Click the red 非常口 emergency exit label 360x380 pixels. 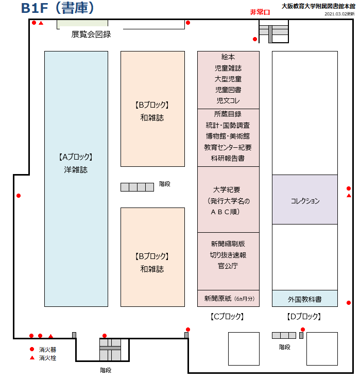(x=260, y=12)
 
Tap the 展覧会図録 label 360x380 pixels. (x=91, y=34)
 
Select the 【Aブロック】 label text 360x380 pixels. (x=76, y=157)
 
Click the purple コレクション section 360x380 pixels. (x=305, y=199)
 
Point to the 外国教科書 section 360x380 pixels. (x=305, y=298)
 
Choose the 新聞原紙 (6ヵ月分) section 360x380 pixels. (x=228, y=298)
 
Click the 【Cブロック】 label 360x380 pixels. (x=227, y=316)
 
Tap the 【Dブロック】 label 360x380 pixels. (x=304, y=316)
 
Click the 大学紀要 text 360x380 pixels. (x=227, y=189)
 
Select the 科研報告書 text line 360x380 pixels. (x=228, y=158)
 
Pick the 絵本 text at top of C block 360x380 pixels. (x=228, y=57)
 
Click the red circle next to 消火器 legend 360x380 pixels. (x=32, y=349)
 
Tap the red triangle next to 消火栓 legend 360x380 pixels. (x=32, y=357)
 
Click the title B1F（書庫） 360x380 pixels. (x=58, y=8)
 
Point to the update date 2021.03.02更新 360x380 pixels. (x=339, y=14)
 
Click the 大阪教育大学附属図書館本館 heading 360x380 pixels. (x=318, y=6)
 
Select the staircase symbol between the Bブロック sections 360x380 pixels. (x=137, y=187)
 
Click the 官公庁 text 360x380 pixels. (x=228, y=266)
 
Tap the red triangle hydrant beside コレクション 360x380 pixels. (x=349, y=195)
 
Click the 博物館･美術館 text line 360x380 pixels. (x=228, y=136)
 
